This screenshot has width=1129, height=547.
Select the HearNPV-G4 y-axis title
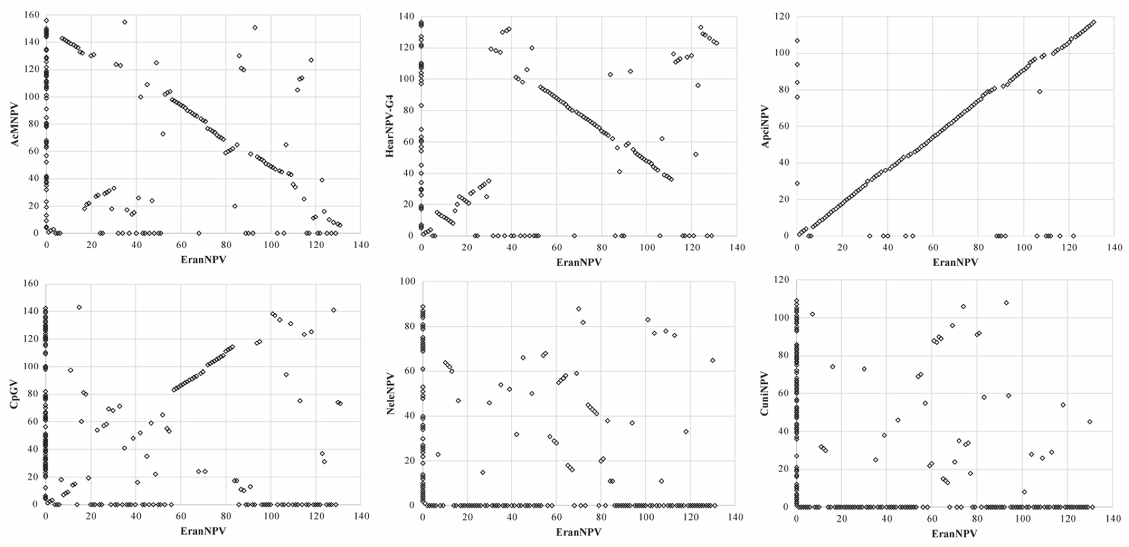[x=389, y=126]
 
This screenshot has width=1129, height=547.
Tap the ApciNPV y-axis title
[x=766, y=126]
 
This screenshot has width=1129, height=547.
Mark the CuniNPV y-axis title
[x=765, y=393]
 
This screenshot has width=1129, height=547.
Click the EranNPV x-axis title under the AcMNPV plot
[x=203, y=260]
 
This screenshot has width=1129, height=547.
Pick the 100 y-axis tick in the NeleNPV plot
[x=407, y=281]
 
